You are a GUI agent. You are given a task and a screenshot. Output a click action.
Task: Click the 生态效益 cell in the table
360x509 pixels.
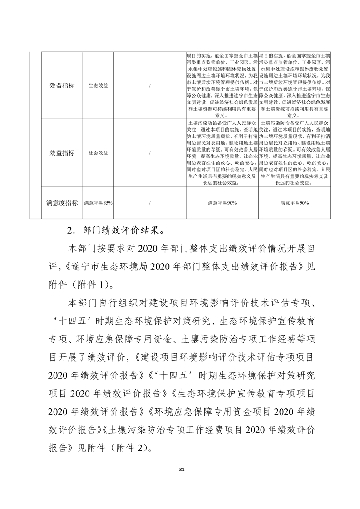point(98,86)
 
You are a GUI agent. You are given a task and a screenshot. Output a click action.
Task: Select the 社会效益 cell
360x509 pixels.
point(98,153)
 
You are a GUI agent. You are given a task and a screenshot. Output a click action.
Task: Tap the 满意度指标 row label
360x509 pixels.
point(62,203)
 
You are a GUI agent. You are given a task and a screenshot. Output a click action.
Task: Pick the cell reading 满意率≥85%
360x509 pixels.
point(98,203)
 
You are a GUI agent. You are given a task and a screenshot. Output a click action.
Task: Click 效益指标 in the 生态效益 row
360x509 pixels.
point(62,86)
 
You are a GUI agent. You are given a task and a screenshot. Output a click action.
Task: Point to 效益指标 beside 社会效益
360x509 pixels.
point(62,153)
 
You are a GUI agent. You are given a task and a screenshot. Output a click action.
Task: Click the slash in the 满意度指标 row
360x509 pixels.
point(150,203)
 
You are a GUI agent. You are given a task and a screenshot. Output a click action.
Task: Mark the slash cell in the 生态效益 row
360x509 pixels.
point(150,86)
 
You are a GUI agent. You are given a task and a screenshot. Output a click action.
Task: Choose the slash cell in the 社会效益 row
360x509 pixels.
point(150,153)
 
